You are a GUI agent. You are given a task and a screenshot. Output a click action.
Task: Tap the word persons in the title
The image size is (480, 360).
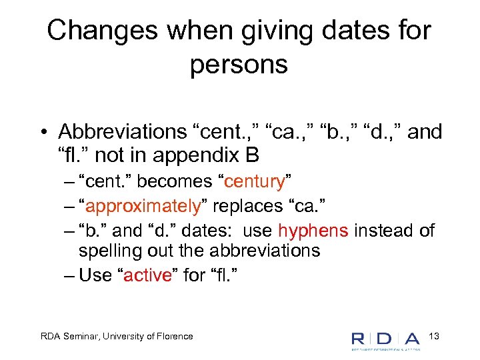click(239, 65)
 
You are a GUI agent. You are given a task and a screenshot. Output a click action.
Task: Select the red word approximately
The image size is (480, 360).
click(143, 207)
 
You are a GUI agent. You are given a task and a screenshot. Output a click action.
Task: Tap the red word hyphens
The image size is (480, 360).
click(313, 231)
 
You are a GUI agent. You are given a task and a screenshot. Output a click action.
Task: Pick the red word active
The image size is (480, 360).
click(147, 275)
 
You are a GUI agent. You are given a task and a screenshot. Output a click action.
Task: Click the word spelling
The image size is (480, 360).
click(106, 251)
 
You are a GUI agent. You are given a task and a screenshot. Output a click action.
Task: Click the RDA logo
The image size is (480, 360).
click(386, 339)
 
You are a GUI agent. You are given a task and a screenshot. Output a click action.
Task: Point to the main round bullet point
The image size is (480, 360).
click(42, 133)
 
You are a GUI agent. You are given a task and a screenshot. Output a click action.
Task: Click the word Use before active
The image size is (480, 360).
click(95, 275)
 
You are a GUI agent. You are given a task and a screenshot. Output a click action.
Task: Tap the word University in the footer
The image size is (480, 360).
click(125, 336)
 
